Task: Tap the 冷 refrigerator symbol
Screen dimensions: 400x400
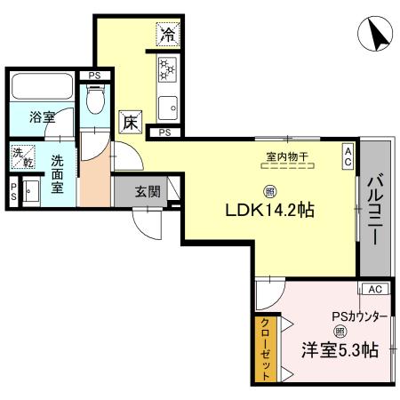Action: click(x=168, y=35)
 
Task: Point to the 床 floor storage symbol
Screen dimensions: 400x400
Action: click(x=130, y=123)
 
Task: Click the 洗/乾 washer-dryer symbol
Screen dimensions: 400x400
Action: click(x=21, y=156)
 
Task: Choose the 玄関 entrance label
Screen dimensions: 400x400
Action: click(x=147, y=190)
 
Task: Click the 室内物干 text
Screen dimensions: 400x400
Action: click(x=286, y=157)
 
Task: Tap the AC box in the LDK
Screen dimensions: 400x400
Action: click(x=348, y=156)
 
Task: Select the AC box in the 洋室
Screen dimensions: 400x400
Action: click(x=373, y=290)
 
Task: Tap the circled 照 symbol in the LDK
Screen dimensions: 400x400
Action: click(x=268, y=190)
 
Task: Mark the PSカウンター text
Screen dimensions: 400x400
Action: click(x=360, y=314)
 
